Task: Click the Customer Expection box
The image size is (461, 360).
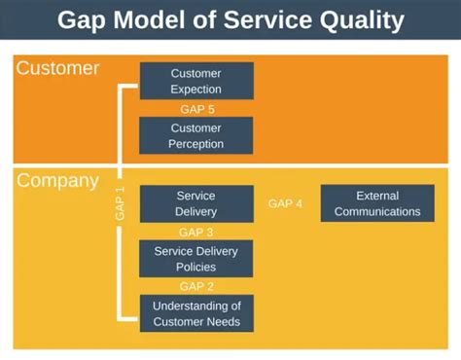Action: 196,81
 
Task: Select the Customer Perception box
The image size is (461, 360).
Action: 196,135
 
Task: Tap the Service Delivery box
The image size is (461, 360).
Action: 196,203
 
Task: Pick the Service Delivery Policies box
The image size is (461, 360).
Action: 196,258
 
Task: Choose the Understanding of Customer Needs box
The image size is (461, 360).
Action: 196,313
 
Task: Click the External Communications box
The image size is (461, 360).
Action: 375,203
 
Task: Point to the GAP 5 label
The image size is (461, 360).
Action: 196,109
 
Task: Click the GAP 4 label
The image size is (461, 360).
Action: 285,203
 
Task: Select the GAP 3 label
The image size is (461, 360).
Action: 196,232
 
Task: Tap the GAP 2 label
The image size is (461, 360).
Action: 196,286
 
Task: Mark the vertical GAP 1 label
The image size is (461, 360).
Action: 121,202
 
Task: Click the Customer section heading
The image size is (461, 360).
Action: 57,69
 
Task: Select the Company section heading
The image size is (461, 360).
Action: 57,181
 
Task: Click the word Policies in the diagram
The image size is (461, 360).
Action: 196,266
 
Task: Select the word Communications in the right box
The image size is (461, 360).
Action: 375,211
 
